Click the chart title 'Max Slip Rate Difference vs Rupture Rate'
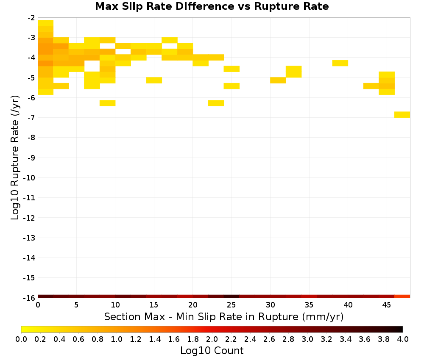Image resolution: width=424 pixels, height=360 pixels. click(x=212, y=6)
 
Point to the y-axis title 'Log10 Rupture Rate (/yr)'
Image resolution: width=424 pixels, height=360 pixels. click(x=15, y=158)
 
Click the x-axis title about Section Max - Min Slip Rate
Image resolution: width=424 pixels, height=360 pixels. click(x=223, y=316)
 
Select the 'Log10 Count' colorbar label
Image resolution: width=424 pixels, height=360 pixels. click(x=212, y=351)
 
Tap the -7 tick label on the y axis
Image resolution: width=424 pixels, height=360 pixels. click(x=31, y=117)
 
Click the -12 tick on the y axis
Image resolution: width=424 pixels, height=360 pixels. click(x=29, y=218)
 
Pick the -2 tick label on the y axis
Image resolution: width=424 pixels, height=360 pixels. click(x=31, y=18)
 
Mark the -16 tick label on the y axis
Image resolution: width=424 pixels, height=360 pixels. click(x=29, y=298)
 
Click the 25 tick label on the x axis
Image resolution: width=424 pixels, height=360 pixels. click(x=232, y=305)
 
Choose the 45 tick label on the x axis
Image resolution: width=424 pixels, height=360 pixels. click(x=387, y=305)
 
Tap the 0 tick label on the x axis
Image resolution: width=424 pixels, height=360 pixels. click(x=38, y=305)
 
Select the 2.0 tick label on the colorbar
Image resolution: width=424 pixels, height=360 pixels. click(x=212, y=339)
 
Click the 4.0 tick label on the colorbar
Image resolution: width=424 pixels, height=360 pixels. click(x=403, y=339)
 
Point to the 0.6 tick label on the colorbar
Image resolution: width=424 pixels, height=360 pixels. click(x=78, y=339)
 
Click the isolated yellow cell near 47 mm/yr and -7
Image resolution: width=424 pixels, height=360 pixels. click(x=402, y=114)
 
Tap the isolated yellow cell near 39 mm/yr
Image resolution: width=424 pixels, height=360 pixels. click(x=340, y=63)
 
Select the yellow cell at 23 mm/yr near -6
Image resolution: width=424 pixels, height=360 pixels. click(x=216, y=103)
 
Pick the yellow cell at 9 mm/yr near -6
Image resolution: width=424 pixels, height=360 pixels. click(x=108, y=103)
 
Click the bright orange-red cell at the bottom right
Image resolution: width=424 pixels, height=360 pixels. click(x=402, y=296)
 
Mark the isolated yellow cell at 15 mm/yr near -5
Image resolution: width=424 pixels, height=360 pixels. click(x=154, y=80)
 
